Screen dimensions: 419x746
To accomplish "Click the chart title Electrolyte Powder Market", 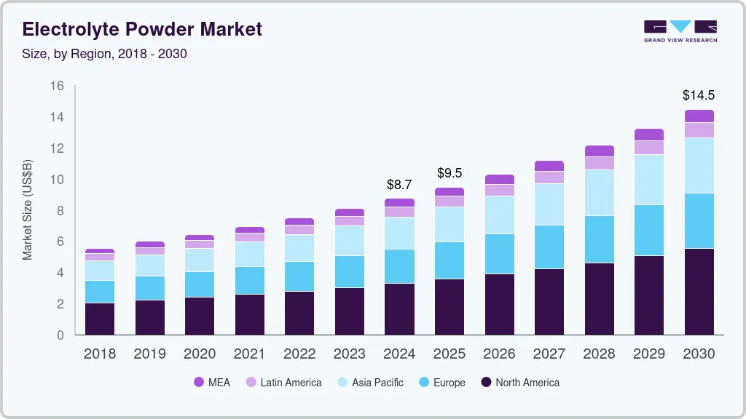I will [x=142, y=29].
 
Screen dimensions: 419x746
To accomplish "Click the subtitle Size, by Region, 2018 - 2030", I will [x=105, y=54].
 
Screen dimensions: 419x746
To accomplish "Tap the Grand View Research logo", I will [x=680, y=31].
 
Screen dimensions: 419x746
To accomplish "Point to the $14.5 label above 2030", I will [x=698, y=95].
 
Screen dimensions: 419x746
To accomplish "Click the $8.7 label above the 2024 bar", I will [x=399, y=185].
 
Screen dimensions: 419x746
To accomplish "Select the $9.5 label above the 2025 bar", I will [x=449, y=173].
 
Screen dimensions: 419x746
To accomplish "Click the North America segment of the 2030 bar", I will [x=699, y=291].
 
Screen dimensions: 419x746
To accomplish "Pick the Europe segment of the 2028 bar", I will [x=599, y=239].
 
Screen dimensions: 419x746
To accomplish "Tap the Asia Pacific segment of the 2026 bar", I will [x=499, y=215].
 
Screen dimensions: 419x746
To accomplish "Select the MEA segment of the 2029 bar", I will [x=648, y=135].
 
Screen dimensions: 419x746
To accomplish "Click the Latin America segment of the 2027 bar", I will [x=549, y=177].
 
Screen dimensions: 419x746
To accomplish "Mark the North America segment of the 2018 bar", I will [x=100, y=319].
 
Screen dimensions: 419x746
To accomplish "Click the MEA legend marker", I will [x=198, y=382].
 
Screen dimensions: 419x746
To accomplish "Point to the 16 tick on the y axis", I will [x=57, y=86].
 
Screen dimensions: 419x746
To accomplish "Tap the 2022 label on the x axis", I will [x=299, y=354].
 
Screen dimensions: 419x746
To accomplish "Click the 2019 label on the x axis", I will [x=149, y=354].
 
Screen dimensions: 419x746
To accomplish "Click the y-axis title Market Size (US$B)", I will [x=28, y=210].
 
